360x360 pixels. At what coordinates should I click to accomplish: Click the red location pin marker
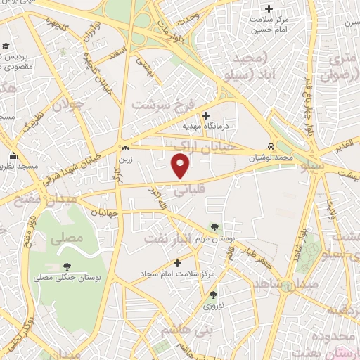click(181, 167)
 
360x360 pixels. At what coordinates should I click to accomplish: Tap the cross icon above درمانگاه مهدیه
click(205, 115)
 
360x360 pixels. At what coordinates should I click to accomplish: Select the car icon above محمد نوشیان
click(271, 147)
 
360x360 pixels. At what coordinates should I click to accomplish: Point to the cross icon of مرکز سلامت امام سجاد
click(177, 263)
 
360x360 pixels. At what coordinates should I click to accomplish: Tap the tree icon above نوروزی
click(213, 295)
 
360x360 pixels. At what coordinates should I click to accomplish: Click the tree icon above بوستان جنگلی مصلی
click(67, 266)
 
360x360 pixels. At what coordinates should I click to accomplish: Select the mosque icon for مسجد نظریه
click(13, 156)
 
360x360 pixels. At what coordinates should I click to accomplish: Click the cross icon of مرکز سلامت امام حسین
click(267, 9)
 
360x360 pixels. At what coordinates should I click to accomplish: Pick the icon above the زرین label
click(126, 148)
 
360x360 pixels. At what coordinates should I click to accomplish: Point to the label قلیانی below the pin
click(189, 188)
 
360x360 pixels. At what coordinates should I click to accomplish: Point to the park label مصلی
click(66, 238)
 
